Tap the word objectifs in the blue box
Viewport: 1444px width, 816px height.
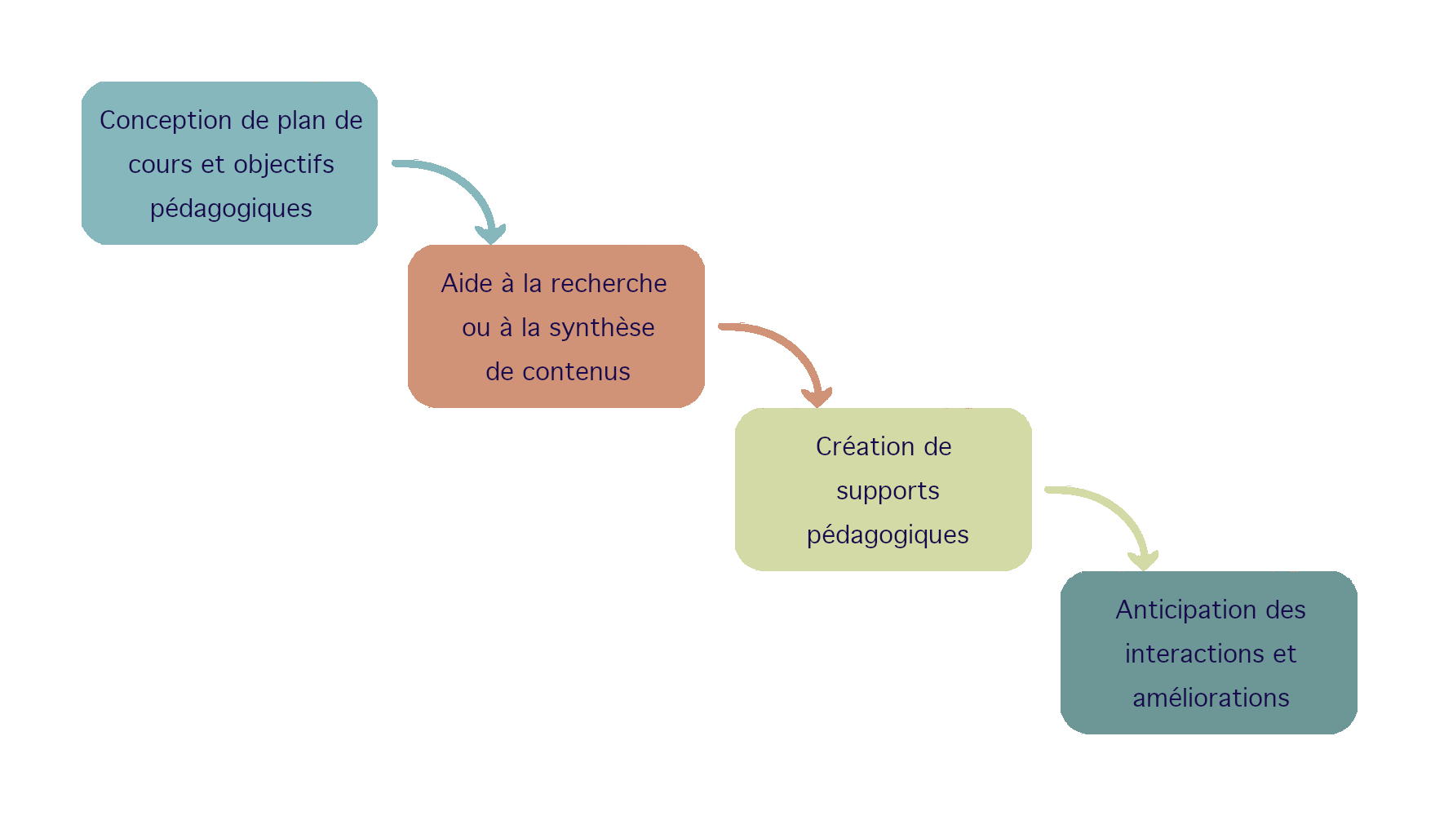(x=284, y=165)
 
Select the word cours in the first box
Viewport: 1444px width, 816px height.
(x=160, y=165)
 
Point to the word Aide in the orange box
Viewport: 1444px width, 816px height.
(x=467, y=284)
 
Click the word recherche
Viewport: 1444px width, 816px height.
(x=609, y=284)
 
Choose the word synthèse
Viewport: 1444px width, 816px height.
(x=601, y=328)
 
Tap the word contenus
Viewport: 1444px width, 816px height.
(x=576, y=372)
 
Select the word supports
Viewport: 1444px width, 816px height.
(x=888, y=491)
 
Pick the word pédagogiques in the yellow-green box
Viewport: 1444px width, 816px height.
(x=888, y=535)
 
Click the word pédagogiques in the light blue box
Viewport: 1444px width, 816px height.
(x=231, y=209)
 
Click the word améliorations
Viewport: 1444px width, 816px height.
(x=1211, y=698)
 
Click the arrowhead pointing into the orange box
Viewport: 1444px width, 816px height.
(x=490, y=234)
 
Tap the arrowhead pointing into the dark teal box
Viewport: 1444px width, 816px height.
(x=1143, y=561)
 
